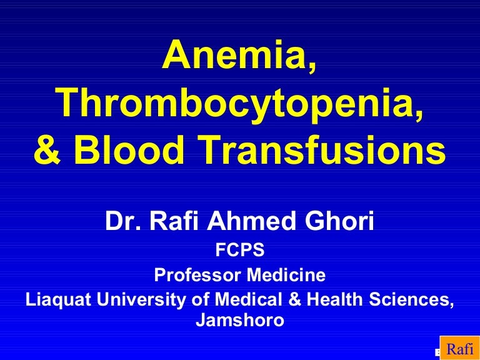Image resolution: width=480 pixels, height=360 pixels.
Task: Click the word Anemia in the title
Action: (236, 55)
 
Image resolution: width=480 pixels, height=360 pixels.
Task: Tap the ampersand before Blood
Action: (47, 151)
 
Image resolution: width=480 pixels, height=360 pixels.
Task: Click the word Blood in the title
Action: (129, 150)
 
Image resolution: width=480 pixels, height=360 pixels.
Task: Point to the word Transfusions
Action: (323, 150)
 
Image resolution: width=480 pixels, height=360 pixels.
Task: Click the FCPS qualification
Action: (240, 250)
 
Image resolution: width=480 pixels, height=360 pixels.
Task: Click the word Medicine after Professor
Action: (286, 274)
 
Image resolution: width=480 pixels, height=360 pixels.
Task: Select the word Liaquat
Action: (59, 300)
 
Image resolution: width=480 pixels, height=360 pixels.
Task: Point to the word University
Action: (141, 300)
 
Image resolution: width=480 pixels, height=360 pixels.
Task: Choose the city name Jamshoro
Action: (240, 320)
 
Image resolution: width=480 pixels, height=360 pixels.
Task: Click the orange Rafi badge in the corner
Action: (460, 348)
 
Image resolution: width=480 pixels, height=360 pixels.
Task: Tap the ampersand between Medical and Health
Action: (294, 299)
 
